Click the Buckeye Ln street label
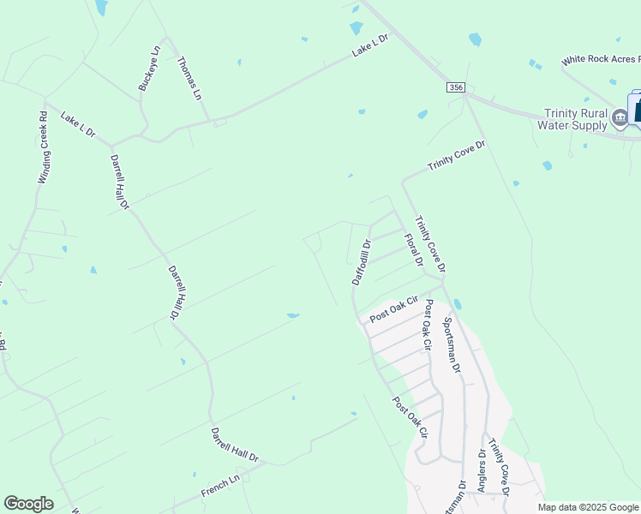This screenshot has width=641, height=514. point(149,69)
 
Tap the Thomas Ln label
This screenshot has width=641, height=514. point(189,76)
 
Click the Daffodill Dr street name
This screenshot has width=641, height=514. point(361,261)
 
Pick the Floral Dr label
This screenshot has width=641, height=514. point(414,250)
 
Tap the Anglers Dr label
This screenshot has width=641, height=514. point(482,470)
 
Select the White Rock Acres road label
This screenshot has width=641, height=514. point(600,61)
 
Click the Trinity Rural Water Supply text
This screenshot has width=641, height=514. point(576,119)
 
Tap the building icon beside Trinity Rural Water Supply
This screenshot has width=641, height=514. point(620,116)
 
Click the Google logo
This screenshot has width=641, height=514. point(28,504)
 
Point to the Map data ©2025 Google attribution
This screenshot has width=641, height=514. point(588,507)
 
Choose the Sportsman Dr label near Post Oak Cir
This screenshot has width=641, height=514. point(452,344)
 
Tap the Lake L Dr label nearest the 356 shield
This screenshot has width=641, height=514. point(370,46)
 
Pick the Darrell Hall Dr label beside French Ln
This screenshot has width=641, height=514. point(234,447)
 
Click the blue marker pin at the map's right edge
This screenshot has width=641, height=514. point(637,109)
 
